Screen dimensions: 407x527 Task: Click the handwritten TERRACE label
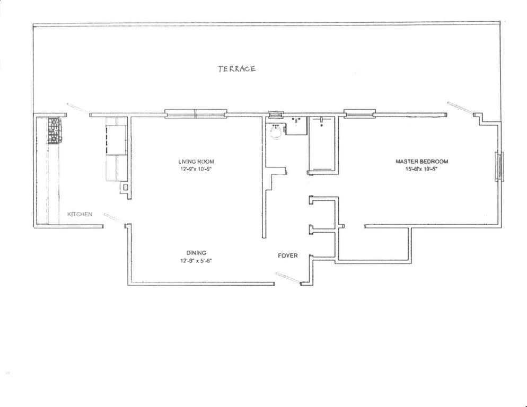[x=236, y=68]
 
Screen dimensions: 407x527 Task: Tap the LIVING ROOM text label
[x=196, y=162]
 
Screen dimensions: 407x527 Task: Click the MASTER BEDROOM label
[x=422, y=162]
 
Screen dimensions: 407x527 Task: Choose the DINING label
[x=196, y=253]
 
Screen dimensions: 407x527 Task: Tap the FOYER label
[x=288, y=255]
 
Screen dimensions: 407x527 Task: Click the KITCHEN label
[x=80, y=214]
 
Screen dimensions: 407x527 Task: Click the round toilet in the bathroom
[x=275, y=131]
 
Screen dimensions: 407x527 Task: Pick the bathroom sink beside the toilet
[x=296, y=123]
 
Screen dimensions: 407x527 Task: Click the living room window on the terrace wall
[x=195, y=113]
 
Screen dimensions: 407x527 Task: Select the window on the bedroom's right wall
[x=498, y=166]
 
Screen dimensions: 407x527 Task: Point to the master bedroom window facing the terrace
[x=359, y=113]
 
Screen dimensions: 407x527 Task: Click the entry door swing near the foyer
[x=288, y=278]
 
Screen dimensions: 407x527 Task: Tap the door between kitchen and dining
[x=114, y=217]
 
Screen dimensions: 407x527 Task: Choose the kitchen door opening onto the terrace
[x=78, y=108]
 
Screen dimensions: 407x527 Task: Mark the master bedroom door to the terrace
[x=460, y=108]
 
